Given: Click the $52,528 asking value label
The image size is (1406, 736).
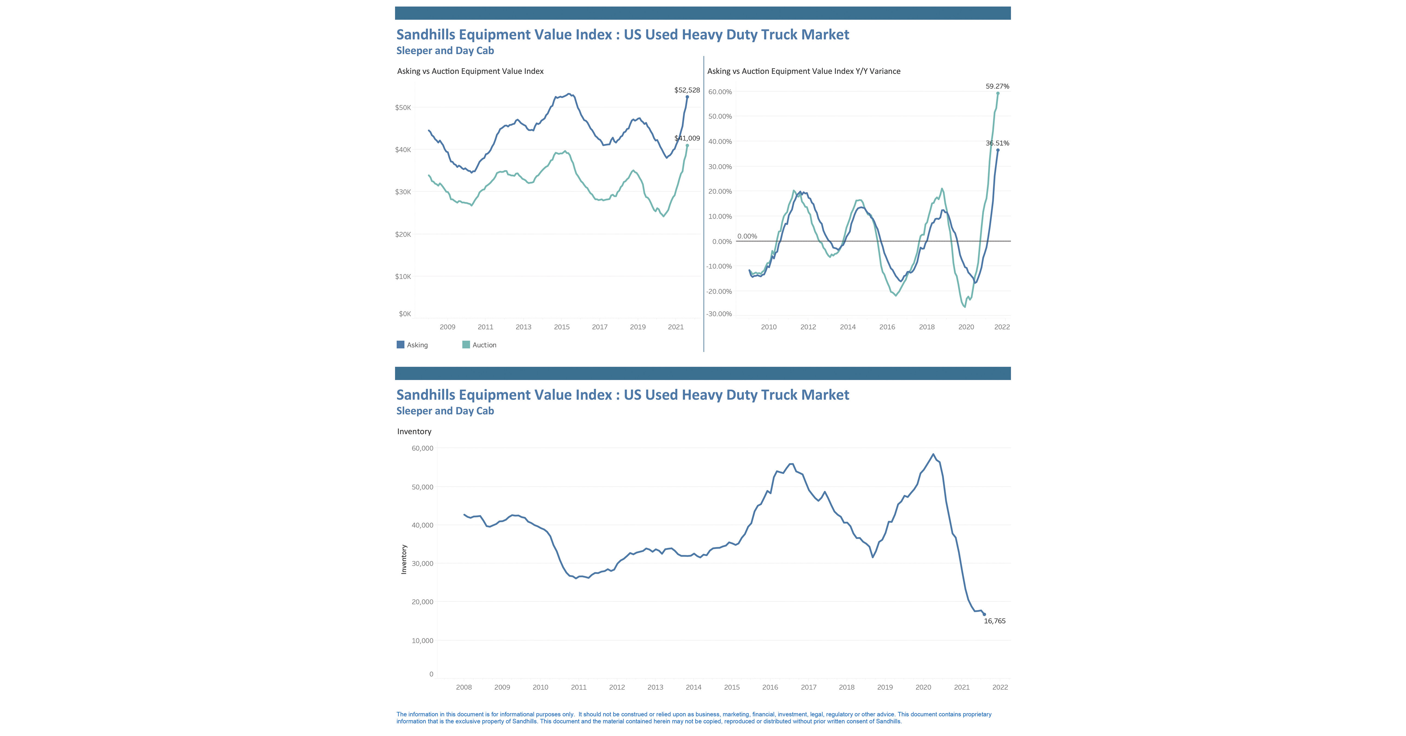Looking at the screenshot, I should pos(687,90).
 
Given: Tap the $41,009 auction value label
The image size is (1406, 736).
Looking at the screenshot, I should pos(687,138).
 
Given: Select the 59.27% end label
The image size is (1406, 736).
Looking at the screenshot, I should pos(997,86).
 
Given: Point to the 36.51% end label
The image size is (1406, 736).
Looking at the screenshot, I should pos(997,143).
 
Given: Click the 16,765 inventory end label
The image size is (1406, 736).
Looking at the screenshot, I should pos(995,621).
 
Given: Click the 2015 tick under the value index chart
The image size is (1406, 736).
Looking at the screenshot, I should pos(562,327).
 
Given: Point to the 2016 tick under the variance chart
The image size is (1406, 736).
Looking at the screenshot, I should pos(887,327).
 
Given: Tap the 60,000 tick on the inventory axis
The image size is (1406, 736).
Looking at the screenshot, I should pos(423,448).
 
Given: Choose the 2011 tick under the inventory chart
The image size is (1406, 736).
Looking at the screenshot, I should pos(579,687).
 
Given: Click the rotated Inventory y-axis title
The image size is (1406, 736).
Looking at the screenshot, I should pos(404,559).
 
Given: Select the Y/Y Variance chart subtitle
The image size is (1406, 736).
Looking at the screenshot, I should pos(803,71).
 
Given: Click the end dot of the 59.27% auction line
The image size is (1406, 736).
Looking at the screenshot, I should pos(998,93).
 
